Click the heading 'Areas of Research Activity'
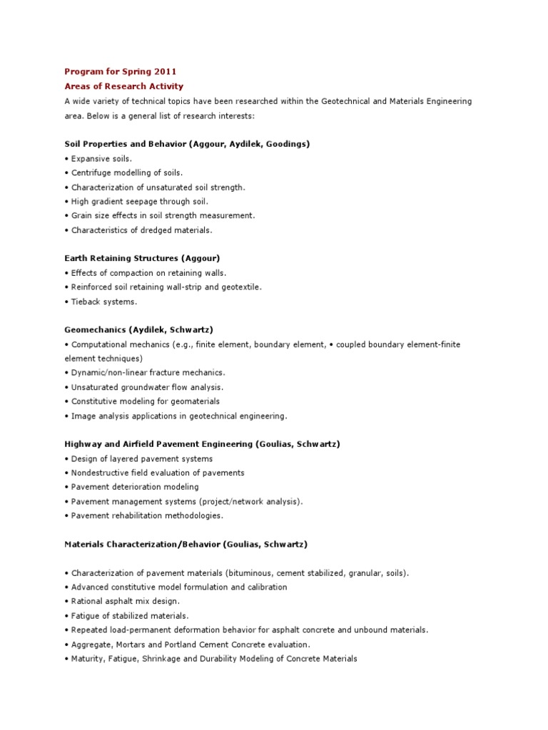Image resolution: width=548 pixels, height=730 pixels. coord(123,86)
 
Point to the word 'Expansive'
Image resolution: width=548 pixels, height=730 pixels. coord(91,158)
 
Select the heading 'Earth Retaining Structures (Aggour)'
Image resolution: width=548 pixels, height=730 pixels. coord(136,258)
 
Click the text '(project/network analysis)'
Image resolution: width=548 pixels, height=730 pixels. coord(250,501)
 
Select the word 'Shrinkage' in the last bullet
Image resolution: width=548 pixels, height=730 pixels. coord(167,659)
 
